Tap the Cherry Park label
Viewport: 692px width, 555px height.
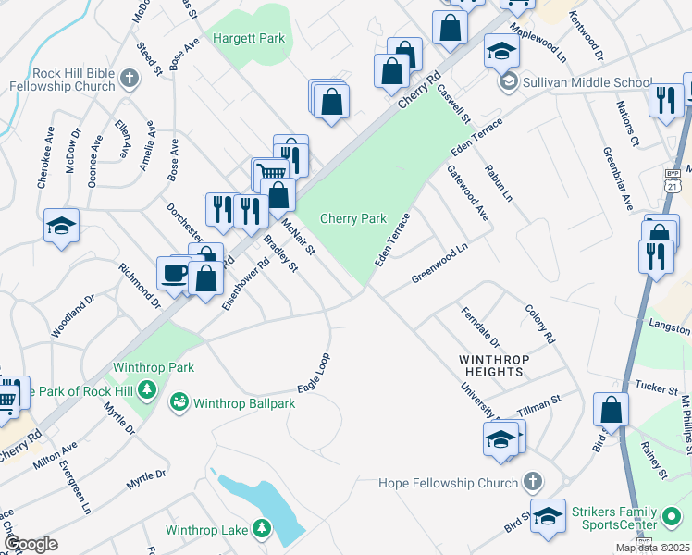(352, 218)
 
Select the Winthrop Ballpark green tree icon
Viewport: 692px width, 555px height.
(179, 403)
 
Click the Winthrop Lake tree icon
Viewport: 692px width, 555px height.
(263, 529)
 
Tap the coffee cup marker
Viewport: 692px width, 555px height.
(173, 272)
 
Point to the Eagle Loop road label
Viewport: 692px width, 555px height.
(315, 372)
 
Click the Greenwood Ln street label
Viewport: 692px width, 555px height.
(439, 263)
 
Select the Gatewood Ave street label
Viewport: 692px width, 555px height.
(468, 193)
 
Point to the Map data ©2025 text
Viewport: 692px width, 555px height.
(652, 548)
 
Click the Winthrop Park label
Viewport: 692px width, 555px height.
(154, 367)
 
